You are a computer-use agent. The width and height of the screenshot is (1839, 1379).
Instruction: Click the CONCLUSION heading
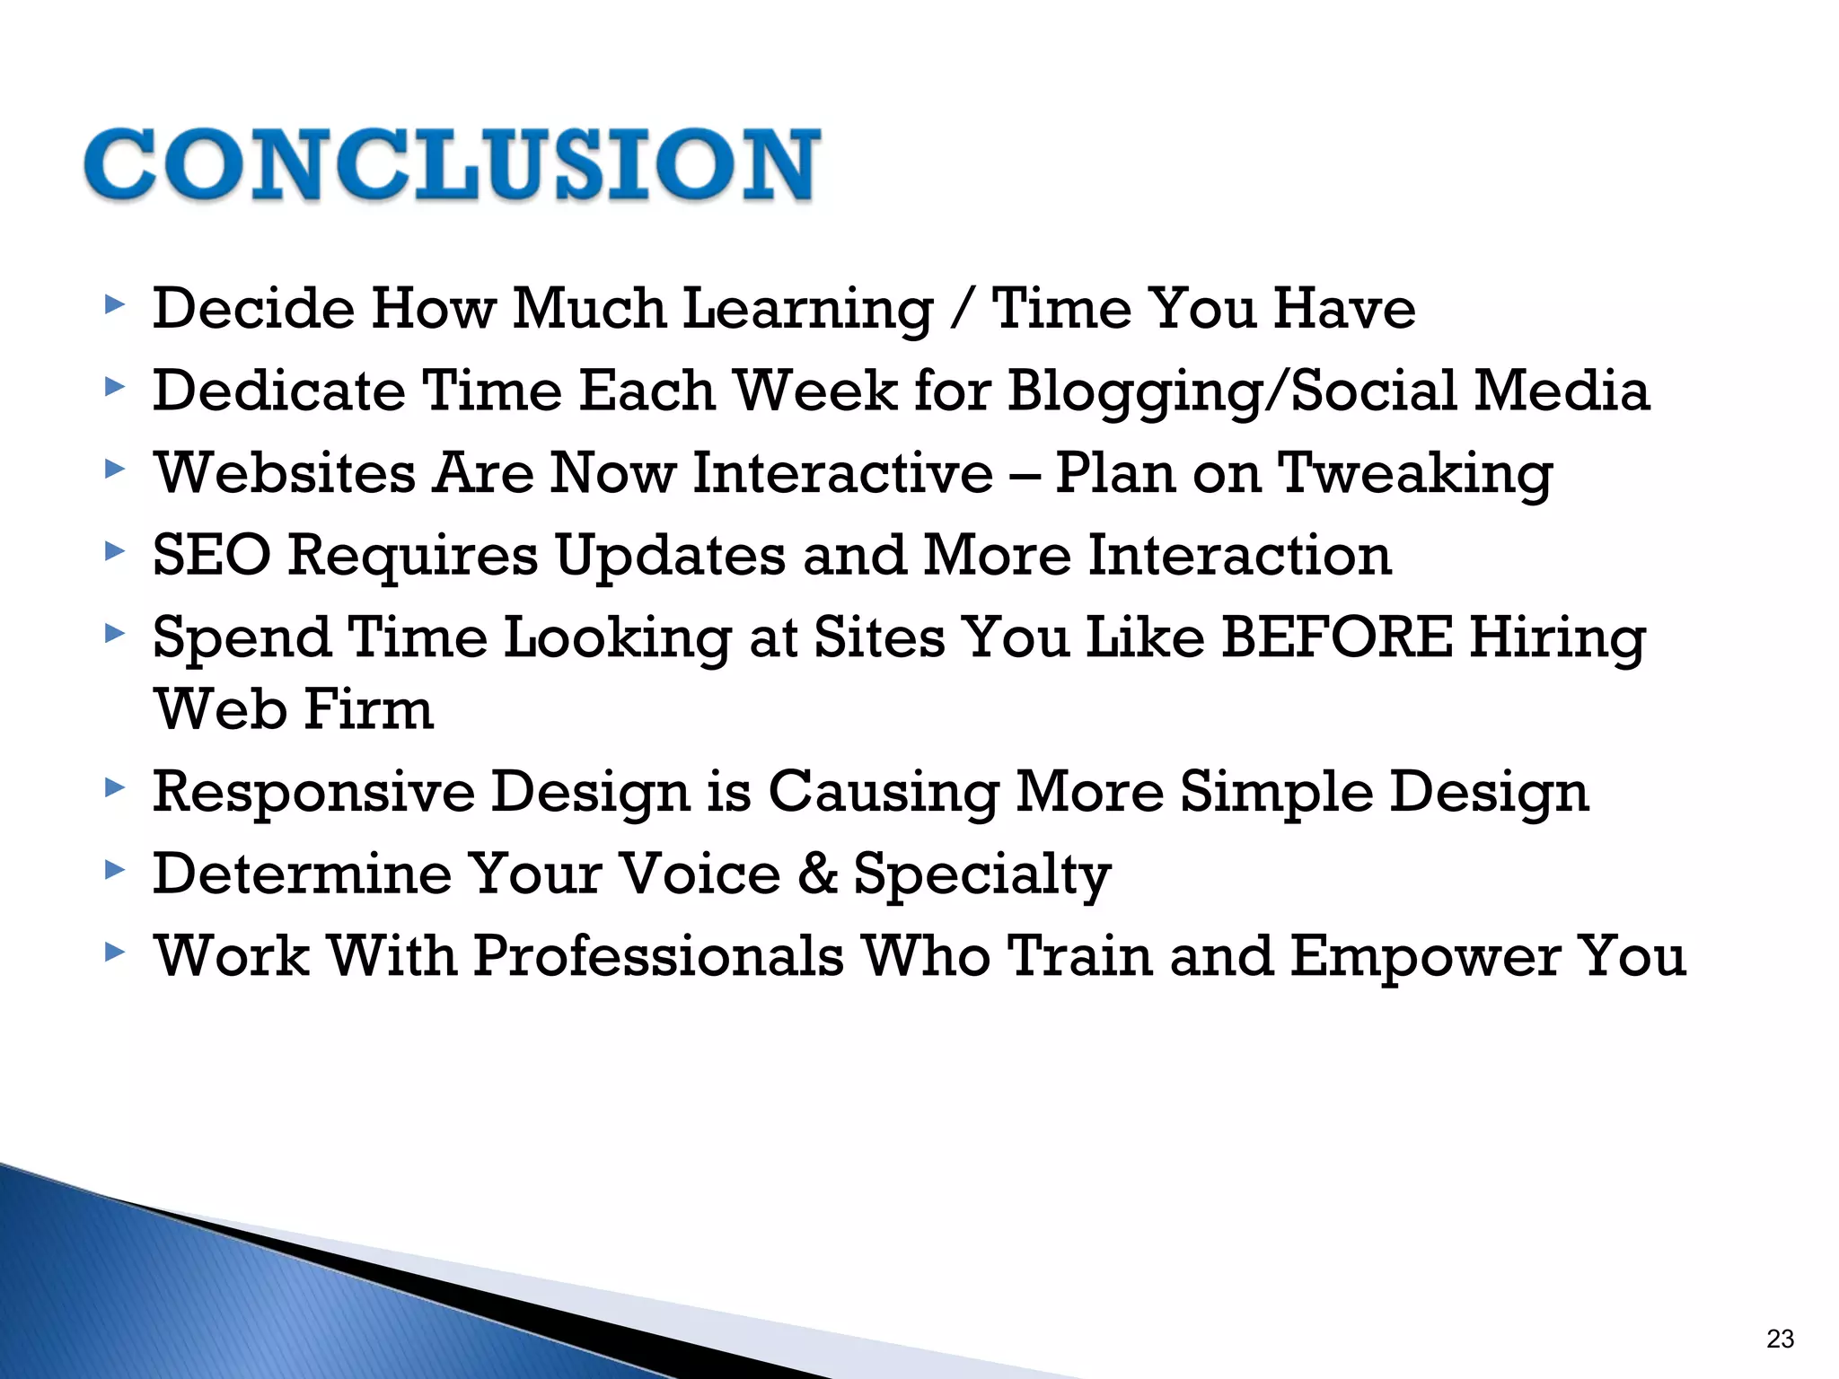point(452,164)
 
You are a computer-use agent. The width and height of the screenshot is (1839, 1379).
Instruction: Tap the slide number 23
point(1780,1339)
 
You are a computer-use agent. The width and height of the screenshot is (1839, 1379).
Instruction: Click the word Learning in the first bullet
point(808,310)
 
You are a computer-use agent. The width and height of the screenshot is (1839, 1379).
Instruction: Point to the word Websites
point(285,473)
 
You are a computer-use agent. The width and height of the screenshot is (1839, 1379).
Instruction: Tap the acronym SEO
point(212,555)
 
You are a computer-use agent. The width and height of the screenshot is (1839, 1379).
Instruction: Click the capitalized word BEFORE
point(1336,637)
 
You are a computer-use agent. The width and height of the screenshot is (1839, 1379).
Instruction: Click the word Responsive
point(313,793)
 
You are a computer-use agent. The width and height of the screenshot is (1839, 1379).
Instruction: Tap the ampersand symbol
point(817,874)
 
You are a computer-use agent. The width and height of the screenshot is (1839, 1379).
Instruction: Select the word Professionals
point(658,956)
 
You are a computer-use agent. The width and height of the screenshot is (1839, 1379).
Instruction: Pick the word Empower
point(1425,958)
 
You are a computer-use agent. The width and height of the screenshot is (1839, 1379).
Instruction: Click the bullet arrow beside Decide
point(113,305)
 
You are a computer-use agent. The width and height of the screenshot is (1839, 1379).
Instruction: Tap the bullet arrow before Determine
point(113,870)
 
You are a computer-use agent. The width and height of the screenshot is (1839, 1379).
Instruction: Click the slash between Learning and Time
point(963,310)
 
